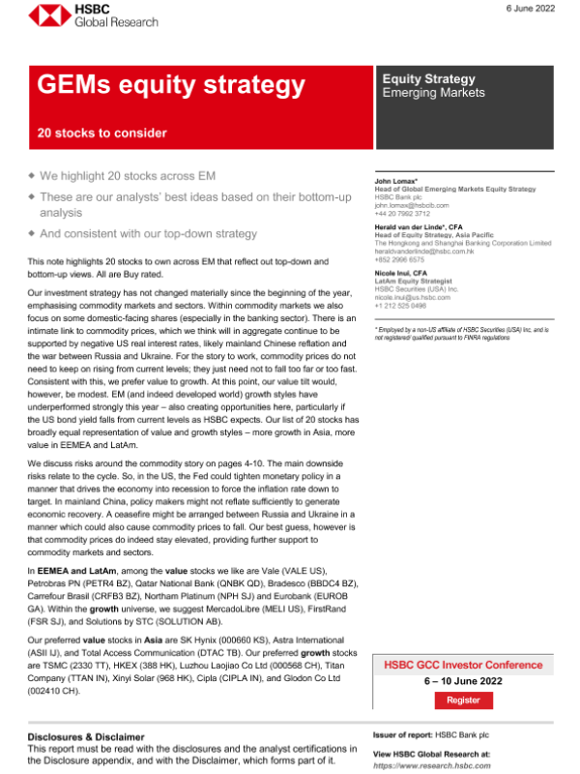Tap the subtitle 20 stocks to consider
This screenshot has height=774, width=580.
[102, 134]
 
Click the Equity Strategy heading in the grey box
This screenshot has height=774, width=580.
[429, 78]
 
